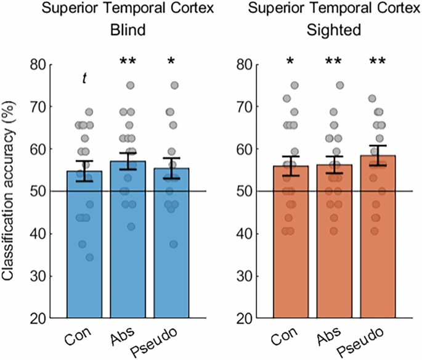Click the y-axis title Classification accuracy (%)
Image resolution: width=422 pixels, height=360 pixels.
coord(10,191)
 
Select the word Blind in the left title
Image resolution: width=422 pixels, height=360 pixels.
coord(128,30)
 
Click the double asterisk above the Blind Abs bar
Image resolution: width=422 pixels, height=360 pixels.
coord(128,62)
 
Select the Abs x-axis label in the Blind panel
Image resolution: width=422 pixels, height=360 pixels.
coord(122,336)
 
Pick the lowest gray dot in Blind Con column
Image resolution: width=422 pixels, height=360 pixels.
coord(91,257)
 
